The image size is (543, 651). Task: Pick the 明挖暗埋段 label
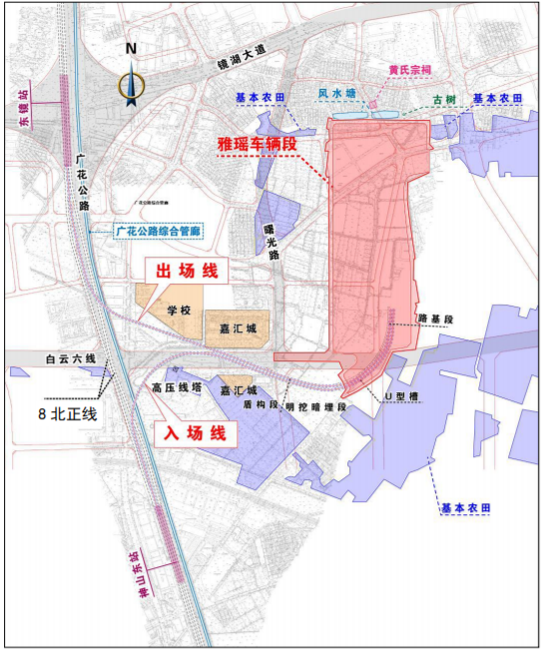(314, 406)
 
